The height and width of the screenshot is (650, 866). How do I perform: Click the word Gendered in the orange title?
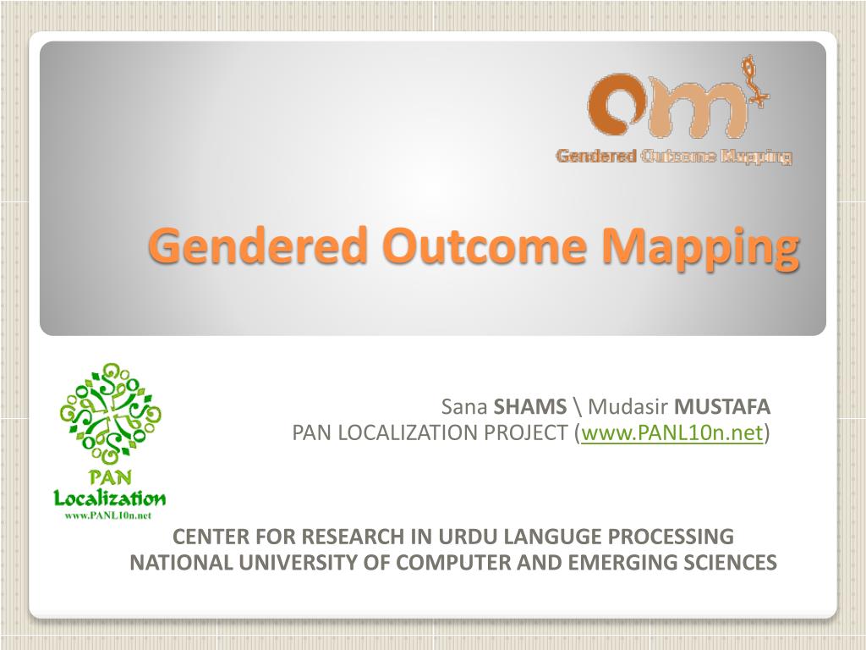click(258, 246)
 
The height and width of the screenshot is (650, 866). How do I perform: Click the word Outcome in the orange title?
click(485, 246)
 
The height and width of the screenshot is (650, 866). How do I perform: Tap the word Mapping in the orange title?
click(700, 249)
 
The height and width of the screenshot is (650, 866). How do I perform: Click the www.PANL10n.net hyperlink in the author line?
click(671, 432)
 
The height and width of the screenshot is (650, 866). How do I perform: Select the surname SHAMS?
click(529, 407)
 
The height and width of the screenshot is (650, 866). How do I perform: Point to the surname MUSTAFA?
click(722, 407)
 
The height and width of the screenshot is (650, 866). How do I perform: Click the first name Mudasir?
click(628, 407)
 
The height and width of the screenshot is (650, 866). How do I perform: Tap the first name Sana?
click(464, 407)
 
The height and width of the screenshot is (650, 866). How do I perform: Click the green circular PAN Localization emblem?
click(111, 413)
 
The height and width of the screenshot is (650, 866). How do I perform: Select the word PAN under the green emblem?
click(111, 476)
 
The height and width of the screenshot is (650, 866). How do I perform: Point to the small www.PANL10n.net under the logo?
click(108, 515)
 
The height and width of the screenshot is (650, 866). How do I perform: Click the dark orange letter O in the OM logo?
click(614, 105)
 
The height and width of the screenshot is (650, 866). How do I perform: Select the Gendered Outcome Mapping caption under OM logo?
click(674, 157)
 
